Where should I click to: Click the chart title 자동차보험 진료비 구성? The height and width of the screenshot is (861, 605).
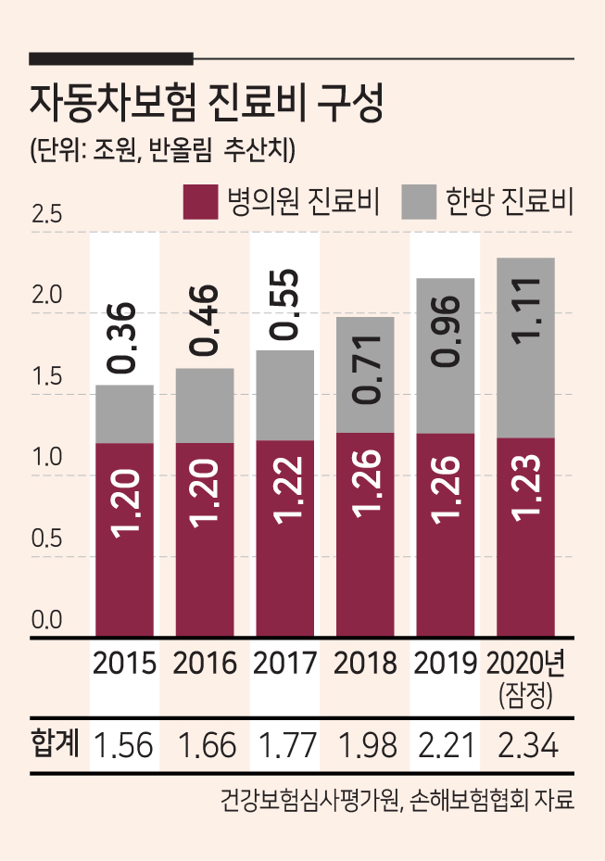[206, 104]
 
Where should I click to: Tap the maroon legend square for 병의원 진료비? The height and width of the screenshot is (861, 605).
[200, 202]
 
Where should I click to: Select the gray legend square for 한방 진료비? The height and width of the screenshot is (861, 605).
[419, 202]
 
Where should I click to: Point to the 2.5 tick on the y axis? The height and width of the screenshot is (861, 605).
[46, 214]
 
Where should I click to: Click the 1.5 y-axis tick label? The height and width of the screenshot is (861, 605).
[46, 376]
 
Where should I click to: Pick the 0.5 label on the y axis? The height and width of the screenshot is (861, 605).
[46, 538]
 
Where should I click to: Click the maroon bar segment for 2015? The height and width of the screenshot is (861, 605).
[125, 539]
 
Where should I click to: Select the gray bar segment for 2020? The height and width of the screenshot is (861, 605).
[525, 348]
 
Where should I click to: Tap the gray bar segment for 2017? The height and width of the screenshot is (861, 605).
[285, 396]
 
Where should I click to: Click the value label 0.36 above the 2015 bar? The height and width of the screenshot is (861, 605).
[120, 338]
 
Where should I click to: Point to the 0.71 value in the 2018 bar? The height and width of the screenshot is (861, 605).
[365, 370]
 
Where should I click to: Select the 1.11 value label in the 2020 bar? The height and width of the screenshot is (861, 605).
[526, 310]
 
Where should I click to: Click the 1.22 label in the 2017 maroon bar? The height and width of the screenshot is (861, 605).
[285, 489]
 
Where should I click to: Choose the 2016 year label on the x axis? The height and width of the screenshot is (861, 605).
[205, 664]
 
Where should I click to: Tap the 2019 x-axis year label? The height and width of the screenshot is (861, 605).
[446, 664]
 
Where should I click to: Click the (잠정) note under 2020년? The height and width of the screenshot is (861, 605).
[525, 696]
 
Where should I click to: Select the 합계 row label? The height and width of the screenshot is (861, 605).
[56, 743]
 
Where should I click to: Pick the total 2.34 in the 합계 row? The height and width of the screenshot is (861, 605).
[528, 746]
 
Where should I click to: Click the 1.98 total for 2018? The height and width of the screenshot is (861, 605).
[367, 746]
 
